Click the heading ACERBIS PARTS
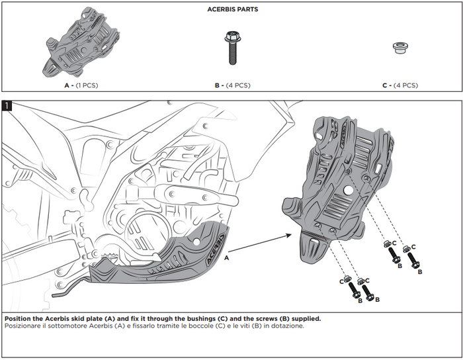(232, 10)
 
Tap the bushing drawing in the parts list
(399, 48)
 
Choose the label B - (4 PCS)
(232, 85)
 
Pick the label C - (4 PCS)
(400, 85)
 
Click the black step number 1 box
(7, 105)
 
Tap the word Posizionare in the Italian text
(21, 326)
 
